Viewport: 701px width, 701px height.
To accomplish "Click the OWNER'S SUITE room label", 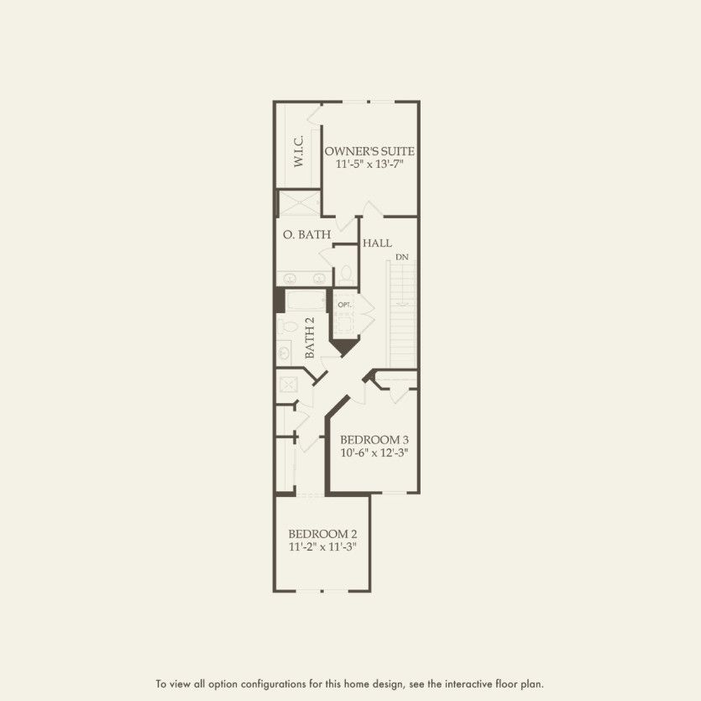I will point(370,151).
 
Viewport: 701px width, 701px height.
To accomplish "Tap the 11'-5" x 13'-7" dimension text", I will point(370,165).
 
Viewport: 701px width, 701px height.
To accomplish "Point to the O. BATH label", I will point(306,235).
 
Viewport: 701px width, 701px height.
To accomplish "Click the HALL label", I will point(377,243).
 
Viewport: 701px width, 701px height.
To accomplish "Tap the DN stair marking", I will point(401,256).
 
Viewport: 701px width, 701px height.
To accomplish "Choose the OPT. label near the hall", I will point(344,304).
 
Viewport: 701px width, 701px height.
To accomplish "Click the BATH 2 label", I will point(310,338).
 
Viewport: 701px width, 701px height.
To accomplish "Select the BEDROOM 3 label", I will point(374,439).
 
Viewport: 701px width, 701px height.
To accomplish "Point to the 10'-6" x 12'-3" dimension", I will point(374,453).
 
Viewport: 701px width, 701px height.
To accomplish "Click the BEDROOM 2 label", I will point(322,534).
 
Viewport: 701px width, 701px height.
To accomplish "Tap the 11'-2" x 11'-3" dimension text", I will point(322,547).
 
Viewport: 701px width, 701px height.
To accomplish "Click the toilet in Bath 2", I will point(284,327).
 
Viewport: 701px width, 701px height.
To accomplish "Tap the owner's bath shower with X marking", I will point(299,203).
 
